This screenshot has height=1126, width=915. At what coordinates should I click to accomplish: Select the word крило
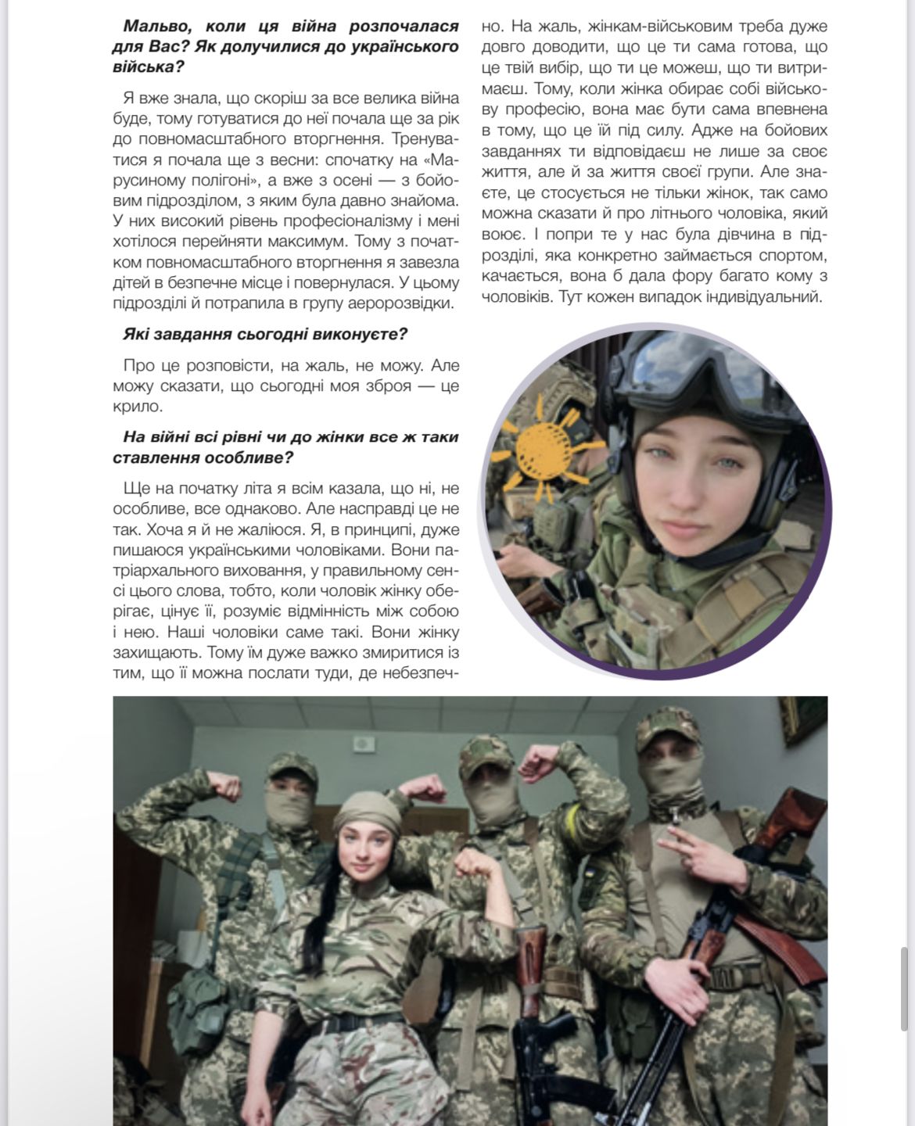coord(138,407)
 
